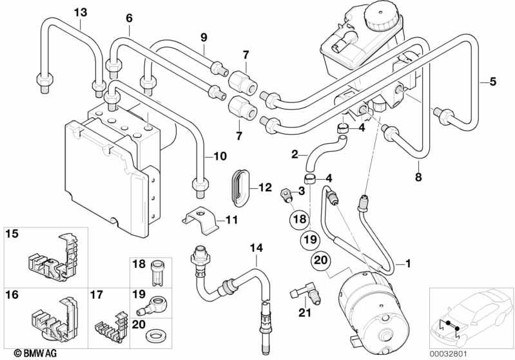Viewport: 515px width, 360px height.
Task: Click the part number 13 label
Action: pos(80,12)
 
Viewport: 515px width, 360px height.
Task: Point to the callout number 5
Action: pos(492,81)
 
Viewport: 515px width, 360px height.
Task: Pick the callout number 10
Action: pos(220,156)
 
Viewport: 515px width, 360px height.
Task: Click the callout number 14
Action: pos(257,247)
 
